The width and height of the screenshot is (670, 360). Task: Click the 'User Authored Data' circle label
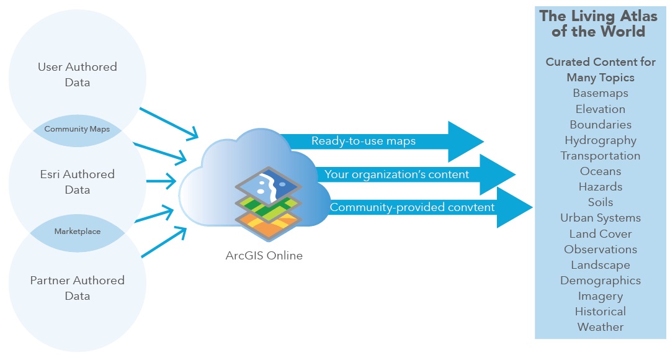click(78, 74)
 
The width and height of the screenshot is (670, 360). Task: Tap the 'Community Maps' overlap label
click(77, 130)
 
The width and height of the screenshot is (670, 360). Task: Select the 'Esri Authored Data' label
click(78, 182)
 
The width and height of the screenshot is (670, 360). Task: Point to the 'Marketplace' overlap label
click(77, 232)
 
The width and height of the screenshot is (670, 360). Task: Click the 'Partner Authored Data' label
click(78, 288)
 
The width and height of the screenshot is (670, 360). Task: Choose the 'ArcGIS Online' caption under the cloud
click(264, 255)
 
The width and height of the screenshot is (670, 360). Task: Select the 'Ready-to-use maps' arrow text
click(364, 142)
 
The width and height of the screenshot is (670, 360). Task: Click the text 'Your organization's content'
click(396, 174)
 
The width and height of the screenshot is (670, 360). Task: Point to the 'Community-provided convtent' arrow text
click(412, 207)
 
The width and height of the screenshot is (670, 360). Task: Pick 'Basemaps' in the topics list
click(601, 93)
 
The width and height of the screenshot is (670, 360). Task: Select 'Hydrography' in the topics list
click(601, 140)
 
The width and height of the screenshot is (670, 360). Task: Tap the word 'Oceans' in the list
click(601, 171)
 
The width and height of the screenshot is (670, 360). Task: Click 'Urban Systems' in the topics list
click(601, 218)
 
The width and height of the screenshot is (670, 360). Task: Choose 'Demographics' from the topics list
click(601, 281)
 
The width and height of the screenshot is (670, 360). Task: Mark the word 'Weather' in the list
click(601, 327)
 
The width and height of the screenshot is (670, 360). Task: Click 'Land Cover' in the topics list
click(601, 234)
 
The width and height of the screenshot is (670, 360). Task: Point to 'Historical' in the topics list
click(601, 312)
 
